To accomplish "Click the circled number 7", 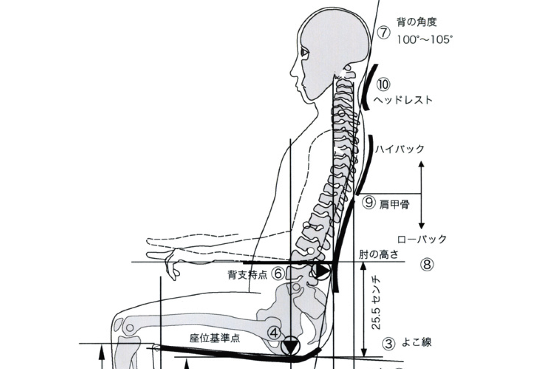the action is [384, 33].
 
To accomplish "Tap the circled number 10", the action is [383, 84].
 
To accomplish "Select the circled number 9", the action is [369, 203].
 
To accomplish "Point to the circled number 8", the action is [427, 265].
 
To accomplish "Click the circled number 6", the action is [278, 274].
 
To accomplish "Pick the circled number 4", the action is [274, 333].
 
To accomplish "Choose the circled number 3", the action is [389, 344].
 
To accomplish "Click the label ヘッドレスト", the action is [403, 100].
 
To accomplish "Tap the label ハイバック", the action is [400, 149].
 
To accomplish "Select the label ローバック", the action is [422, 239].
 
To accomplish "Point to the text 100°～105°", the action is [425, 40].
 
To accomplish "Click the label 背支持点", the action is [247, 275].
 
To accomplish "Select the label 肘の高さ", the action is [379, 255].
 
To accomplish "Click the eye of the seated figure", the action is [305, 52].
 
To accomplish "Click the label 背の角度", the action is [417, 22].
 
